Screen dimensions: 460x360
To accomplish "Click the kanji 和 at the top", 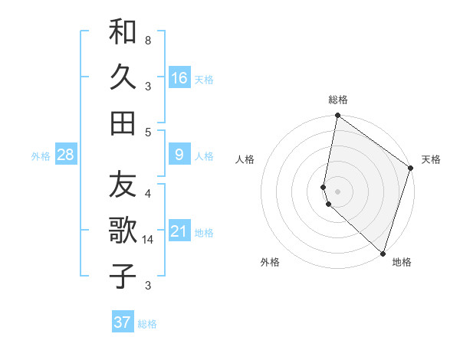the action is click(123, 33).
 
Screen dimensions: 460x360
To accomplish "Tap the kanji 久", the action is click(123, 78).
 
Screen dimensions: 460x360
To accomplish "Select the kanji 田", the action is click(123, 123).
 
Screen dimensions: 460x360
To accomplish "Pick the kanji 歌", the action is click(123, 231).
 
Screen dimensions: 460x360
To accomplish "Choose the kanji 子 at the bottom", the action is click(123, 276).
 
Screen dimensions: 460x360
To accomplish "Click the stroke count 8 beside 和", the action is click(147, 39).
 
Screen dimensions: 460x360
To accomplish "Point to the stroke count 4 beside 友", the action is click(147, 193).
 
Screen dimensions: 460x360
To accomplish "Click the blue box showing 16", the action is click(179, 77).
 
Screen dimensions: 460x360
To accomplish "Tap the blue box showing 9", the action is click(179, 155).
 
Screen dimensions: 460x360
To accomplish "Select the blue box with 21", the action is click(179, 231).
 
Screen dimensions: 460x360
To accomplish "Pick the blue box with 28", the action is click(65, 155).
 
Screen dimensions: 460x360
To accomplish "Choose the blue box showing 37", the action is click(123, 322).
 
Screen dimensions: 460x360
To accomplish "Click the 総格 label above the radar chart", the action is click(338, 100).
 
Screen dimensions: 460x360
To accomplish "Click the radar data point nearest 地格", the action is click(383, 254).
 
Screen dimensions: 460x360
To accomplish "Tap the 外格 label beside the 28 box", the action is click(41, 156).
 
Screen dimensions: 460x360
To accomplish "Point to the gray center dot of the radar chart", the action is click(338, 191).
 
